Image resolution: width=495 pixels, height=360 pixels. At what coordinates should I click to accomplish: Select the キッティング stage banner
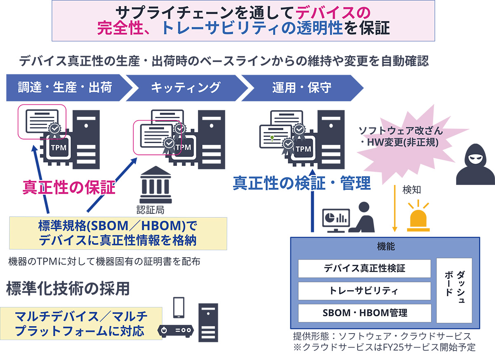point(185,87)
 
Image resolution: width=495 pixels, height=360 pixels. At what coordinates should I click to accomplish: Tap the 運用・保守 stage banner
point(301,87)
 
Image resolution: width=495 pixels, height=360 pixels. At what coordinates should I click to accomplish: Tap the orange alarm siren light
point(418,217)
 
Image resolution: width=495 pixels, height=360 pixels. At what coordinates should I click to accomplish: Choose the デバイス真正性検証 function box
point(364,268)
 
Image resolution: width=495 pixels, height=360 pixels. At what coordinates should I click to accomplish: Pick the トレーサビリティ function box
point(364,291)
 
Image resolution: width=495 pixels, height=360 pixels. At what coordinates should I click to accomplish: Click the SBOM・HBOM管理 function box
point(364,313)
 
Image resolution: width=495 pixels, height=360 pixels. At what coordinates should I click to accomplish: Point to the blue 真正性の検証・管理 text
point(302,183)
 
